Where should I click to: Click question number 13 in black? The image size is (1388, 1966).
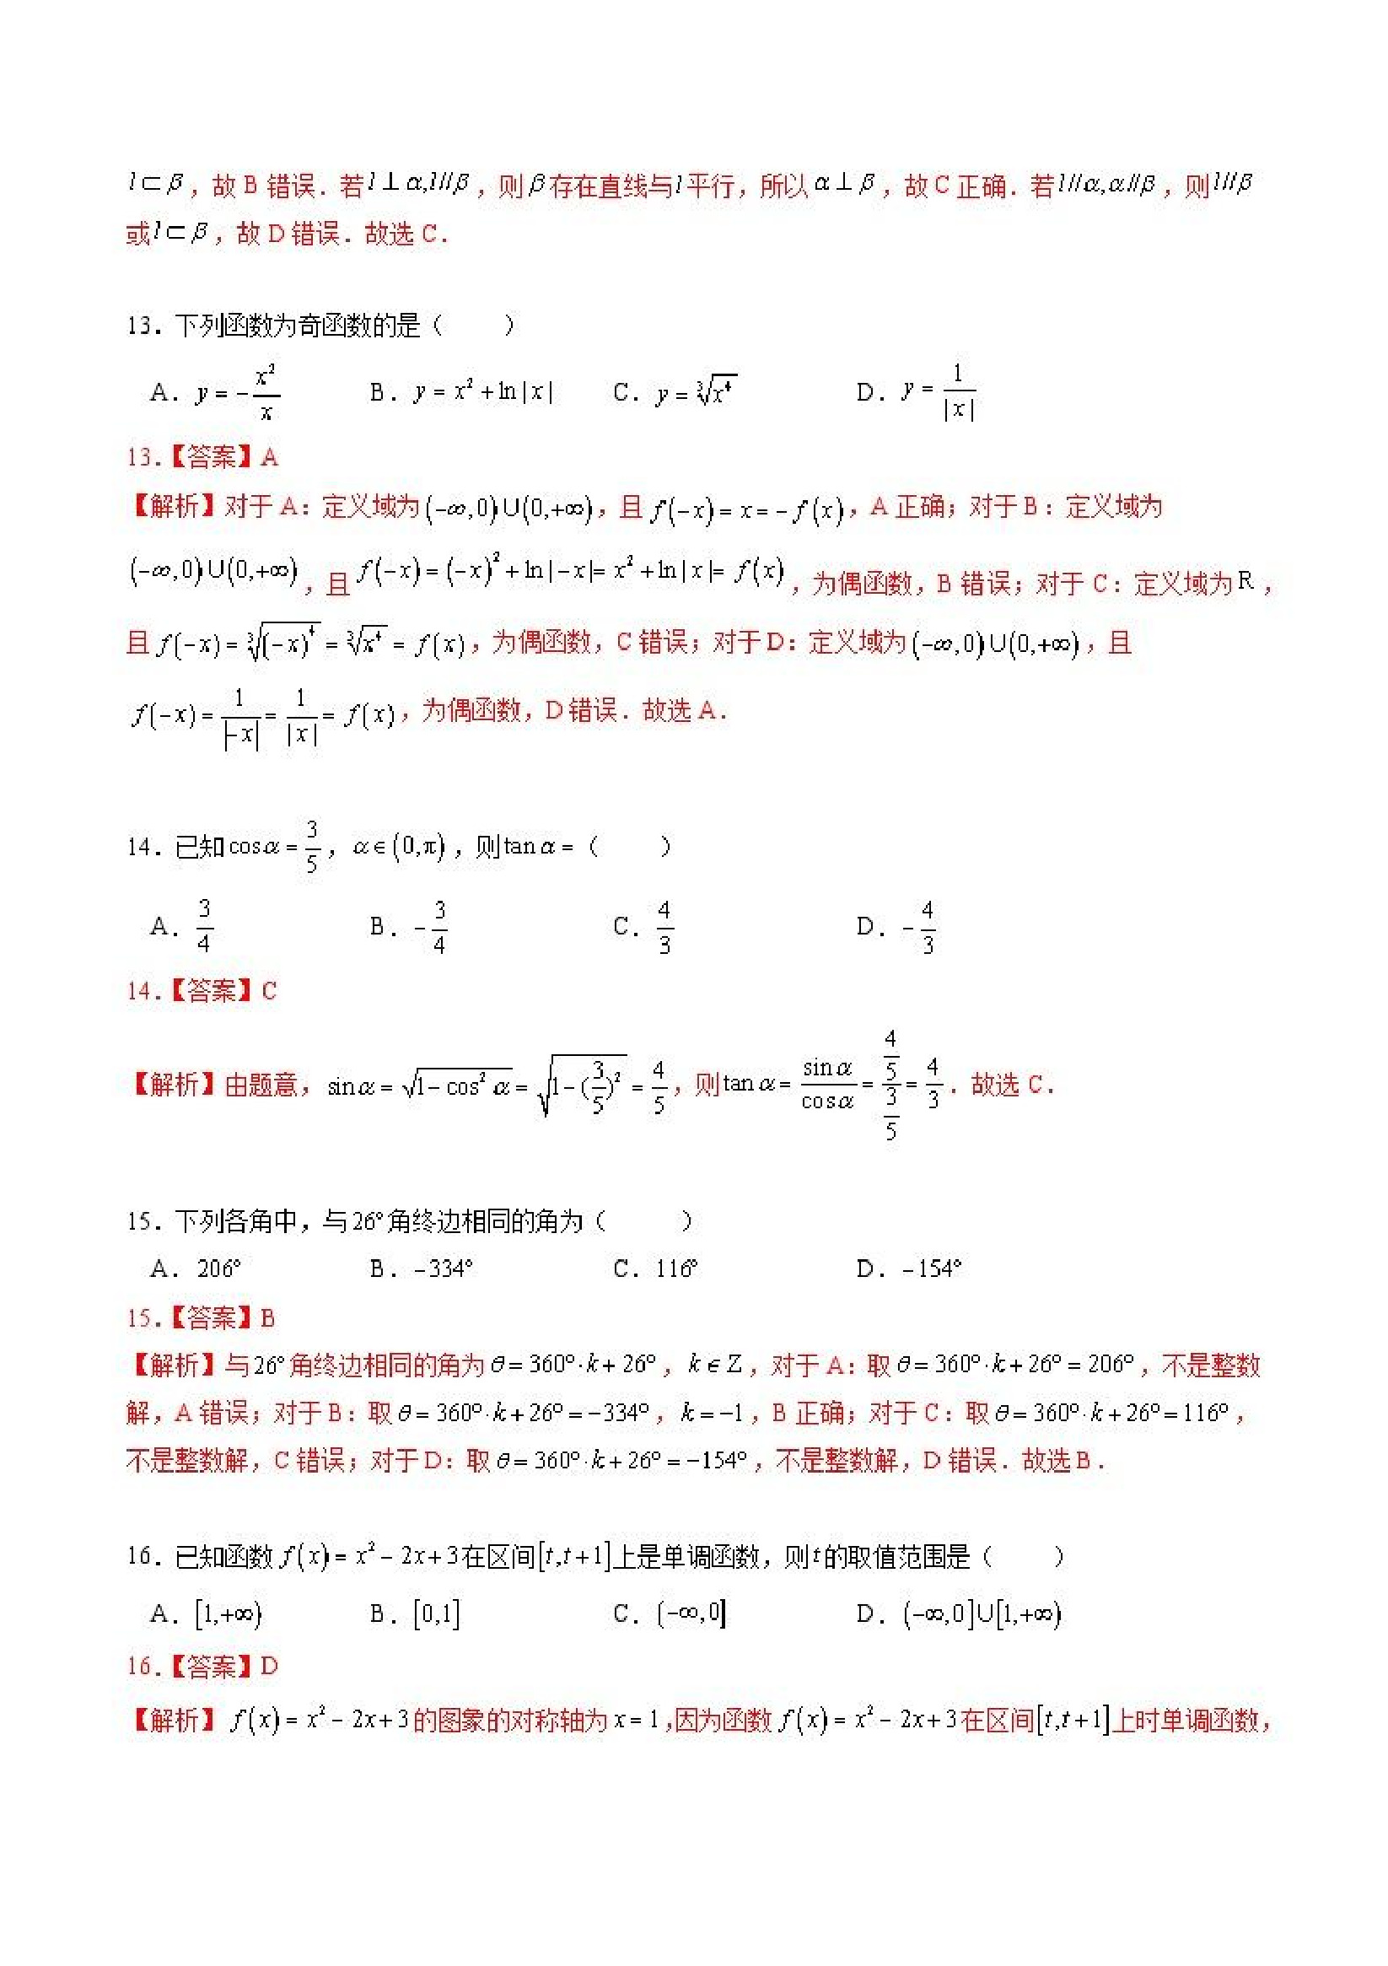140,326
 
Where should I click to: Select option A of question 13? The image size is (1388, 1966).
214,393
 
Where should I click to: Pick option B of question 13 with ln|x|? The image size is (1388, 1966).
461,392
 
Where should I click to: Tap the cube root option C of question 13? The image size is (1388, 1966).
675,392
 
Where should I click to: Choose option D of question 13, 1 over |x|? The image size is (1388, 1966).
917,392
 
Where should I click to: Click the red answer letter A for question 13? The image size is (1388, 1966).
270,457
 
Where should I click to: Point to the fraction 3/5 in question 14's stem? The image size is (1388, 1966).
312,846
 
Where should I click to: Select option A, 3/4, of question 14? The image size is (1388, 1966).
182,926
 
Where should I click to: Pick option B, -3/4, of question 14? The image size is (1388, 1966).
408,926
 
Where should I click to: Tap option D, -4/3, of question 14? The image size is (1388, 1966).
896,926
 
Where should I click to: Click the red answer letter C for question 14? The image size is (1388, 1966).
269,992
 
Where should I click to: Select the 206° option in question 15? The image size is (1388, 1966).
196,1269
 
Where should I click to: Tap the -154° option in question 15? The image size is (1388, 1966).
909,1269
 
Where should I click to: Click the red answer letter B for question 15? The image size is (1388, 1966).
267,1317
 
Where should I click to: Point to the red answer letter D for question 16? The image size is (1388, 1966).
269,1667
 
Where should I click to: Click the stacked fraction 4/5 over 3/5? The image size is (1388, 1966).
890,1085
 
